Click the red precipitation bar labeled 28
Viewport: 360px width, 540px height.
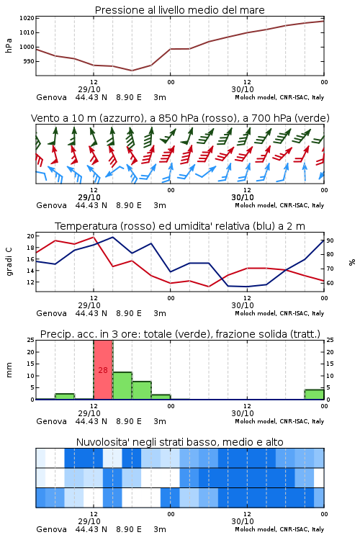point(103,369)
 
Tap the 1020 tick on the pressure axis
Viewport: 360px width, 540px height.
point(27,18)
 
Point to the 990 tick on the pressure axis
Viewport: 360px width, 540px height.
point(29,61)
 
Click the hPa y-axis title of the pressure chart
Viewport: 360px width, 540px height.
point(9,45)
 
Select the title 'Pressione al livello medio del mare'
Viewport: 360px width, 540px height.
point(180,10)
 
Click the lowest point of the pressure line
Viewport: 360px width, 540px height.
point(132,71)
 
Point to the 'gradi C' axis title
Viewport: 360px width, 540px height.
point(9,261)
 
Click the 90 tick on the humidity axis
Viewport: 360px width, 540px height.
point(330,240)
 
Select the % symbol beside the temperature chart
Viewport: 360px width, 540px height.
point(352,262)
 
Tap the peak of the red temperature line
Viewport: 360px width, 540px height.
point(94,237)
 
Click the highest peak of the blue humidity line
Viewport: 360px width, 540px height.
point(112,237)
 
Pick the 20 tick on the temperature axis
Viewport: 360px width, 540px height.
point(30,236)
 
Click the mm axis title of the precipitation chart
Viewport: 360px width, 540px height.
point(9,370)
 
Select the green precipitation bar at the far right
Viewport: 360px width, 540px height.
point(314,395)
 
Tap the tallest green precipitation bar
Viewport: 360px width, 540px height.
point(122,386)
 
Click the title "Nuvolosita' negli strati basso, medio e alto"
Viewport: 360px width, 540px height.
point(180,442)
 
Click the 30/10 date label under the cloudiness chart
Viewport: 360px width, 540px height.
point(243,521)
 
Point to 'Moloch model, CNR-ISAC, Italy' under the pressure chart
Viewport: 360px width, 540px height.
point(279,97)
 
